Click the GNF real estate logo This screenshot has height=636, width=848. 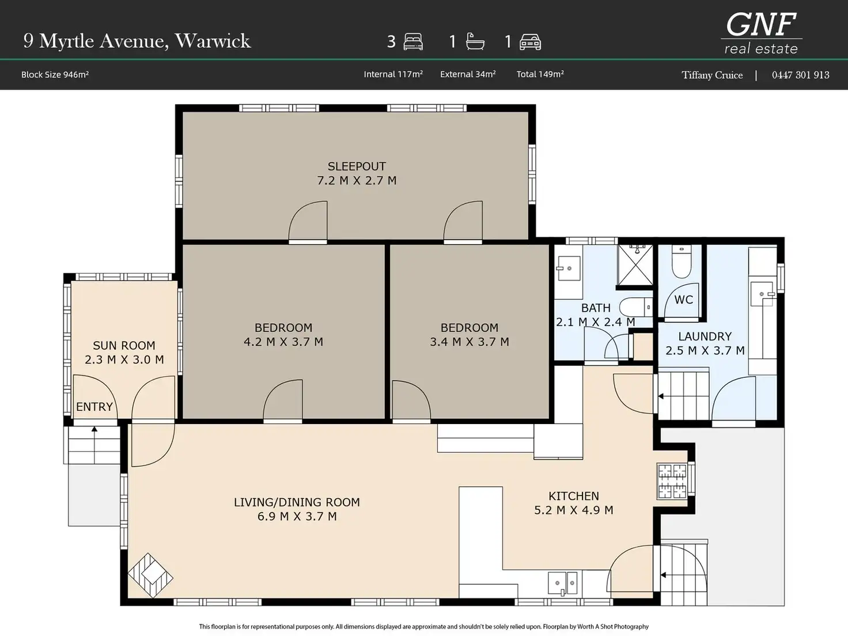click(x=761, y=33)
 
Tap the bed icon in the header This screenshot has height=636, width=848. click(x=413, y=41)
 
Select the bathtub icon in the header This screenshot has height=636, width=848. click(x=475, y=41)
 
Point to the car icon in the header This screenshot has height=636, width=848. click(x=530, y=42)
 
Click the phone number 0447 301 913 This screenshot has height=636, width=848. click(x=801, y=75)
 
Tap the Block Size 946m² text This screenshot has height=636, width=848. click(x=55, y=74)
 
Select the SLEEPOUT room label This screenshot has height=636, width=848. click(x=357, y=166)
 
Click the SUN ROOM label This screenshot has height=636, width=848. click(x=124, y=345)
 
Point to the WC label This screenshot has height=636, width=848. click(x=683, y=300)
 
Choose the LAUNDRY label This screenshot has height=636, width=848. click(x=705, y=336)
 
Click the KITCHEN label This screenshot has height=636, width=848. click(x=574, y=496)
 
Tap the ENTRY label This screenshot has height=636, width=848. click(x=94, y=407)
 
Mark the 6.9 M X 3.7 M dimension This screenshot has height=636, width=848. click(x=297, y=516)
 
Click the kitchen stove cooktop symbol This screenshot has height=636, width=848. click(x=672, y=481)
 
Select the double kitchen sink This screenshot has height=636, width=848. click(x=563, y=583)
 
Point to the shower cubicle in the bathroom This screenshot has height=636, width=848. click(x=635, y=265)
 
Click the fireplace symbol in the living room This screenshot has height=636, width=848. click(x=150, y=576)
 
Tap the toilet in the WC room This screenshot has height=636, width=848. click(x=682, y=262)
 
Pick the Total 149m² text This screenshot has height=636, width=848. click(x=540, y=74)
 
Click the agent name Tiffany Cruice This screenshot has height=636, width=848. click(x=712, y=75)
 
